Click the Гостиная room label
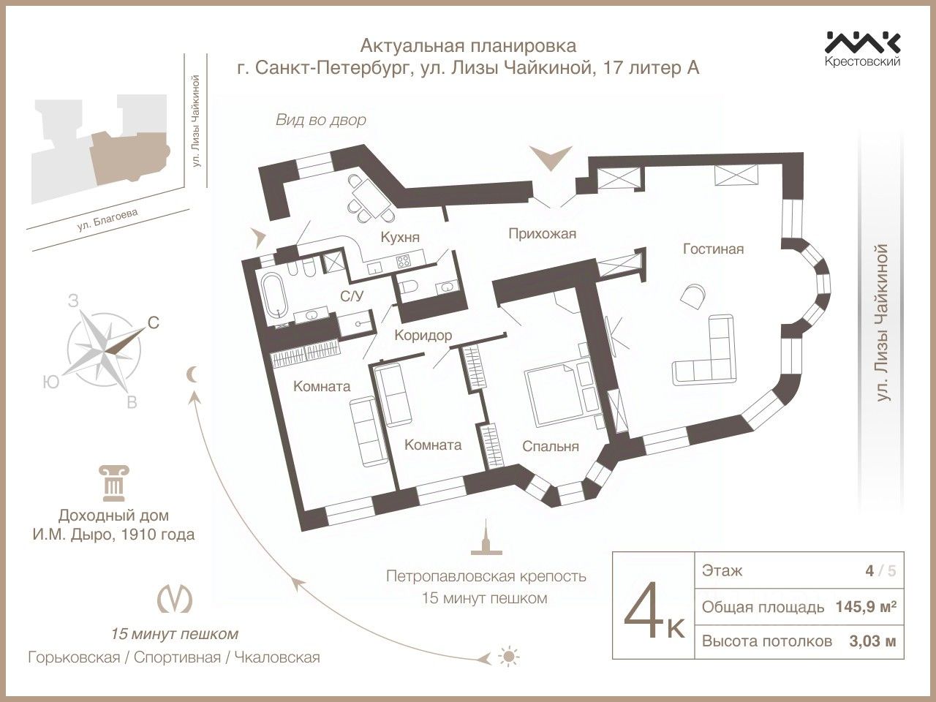click(x=713, y=249)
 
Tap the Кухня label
click(x=399, y=237)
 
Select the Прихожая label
click(x=542, y=234)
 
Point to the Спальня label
click(x=550, y=446)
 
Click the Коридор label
click(x=423, y=335)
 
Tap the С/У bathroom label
click(x=354, y=295)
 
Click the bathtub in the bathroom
click(x=275, y=295)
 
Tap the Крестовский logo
click(x=863, y=48)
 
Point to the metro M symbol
click(x=175, y=598)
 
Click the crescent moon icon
click(x=192, y=375)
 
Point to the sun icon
click(x=506, y=656)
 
